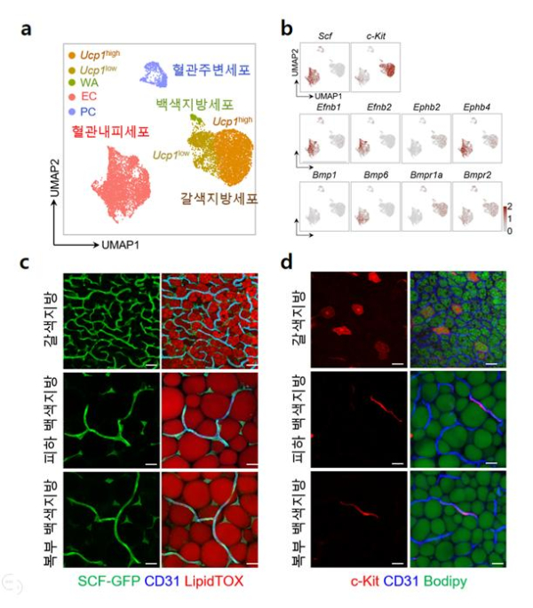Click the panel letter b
click(287, 29)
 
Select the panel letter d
click(286, 265)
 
